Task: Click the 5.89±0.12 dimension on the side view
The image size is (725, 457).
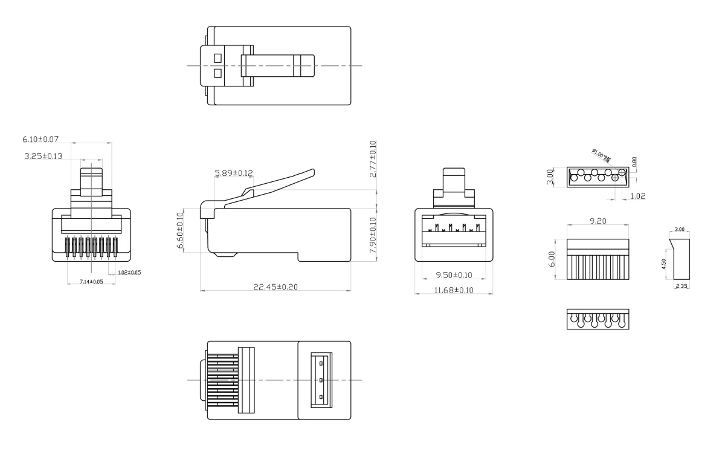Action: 233,173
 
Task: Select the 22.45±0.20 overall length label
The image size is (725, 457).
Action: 274,287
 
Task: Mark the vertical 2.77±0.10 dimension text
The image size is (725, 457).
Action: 373,159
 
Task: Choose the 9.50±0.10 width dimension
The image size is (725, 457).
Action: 454,275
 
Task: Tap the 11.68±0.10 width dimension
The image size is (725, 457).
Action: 454,291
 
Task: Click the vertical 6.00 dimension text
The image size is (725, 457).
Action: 551,259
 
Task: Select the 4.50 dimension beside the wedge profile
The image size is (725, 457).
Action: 665,264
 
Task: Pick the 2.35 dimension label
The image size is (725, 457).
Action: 681,286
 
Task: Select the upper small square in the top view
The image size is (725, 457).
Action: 217,59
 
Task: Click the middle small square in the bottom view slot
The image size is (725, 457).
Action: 321,380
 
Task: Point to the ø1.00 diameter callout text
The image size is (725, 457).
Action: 601,155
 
